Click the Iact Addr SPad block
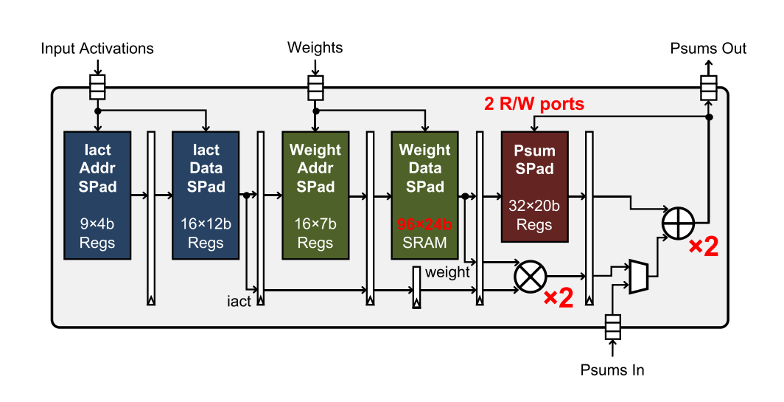pyautogui.click(x=97, y=195)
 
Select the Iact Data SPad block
pyautogui.click(x=206, y=195)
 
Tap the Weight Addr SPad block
pyautogui.click(x=315, y=195)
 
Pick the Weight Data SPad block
pyautogui.click(x=424, y=195)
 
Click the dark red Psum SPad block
pyautogui.click(x=534, y=187)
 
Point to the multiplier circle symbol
pyautogui.click(x=528, y=276)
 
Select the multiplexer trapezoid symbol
pyautogui.click(x=639, y=276)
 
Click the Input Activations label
pyautogui.click(x=97, y=49)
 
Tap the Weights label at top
pyautogui.click(x=315, y=48)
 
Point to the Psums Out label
pyautogui.click(x=708, y=49)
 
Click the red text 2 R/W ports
pyautogui.click(x=534, y=104)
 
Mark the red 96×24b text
pyautogui.click(x=424, y=223)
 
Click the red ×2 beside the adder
pyautogui.click(x=703, y=248)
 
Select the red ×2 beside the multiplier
pyautogui.click(x=558, y=298)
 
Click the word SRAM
pyautogui.click(x=424, y=242)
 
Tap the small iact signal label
pyautogui.click(x=239, y=301)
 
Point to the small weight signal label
pyautogui.click(x=447, y=271)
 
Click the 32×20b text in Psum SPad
pyautogui.click(x=534, y=207)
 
